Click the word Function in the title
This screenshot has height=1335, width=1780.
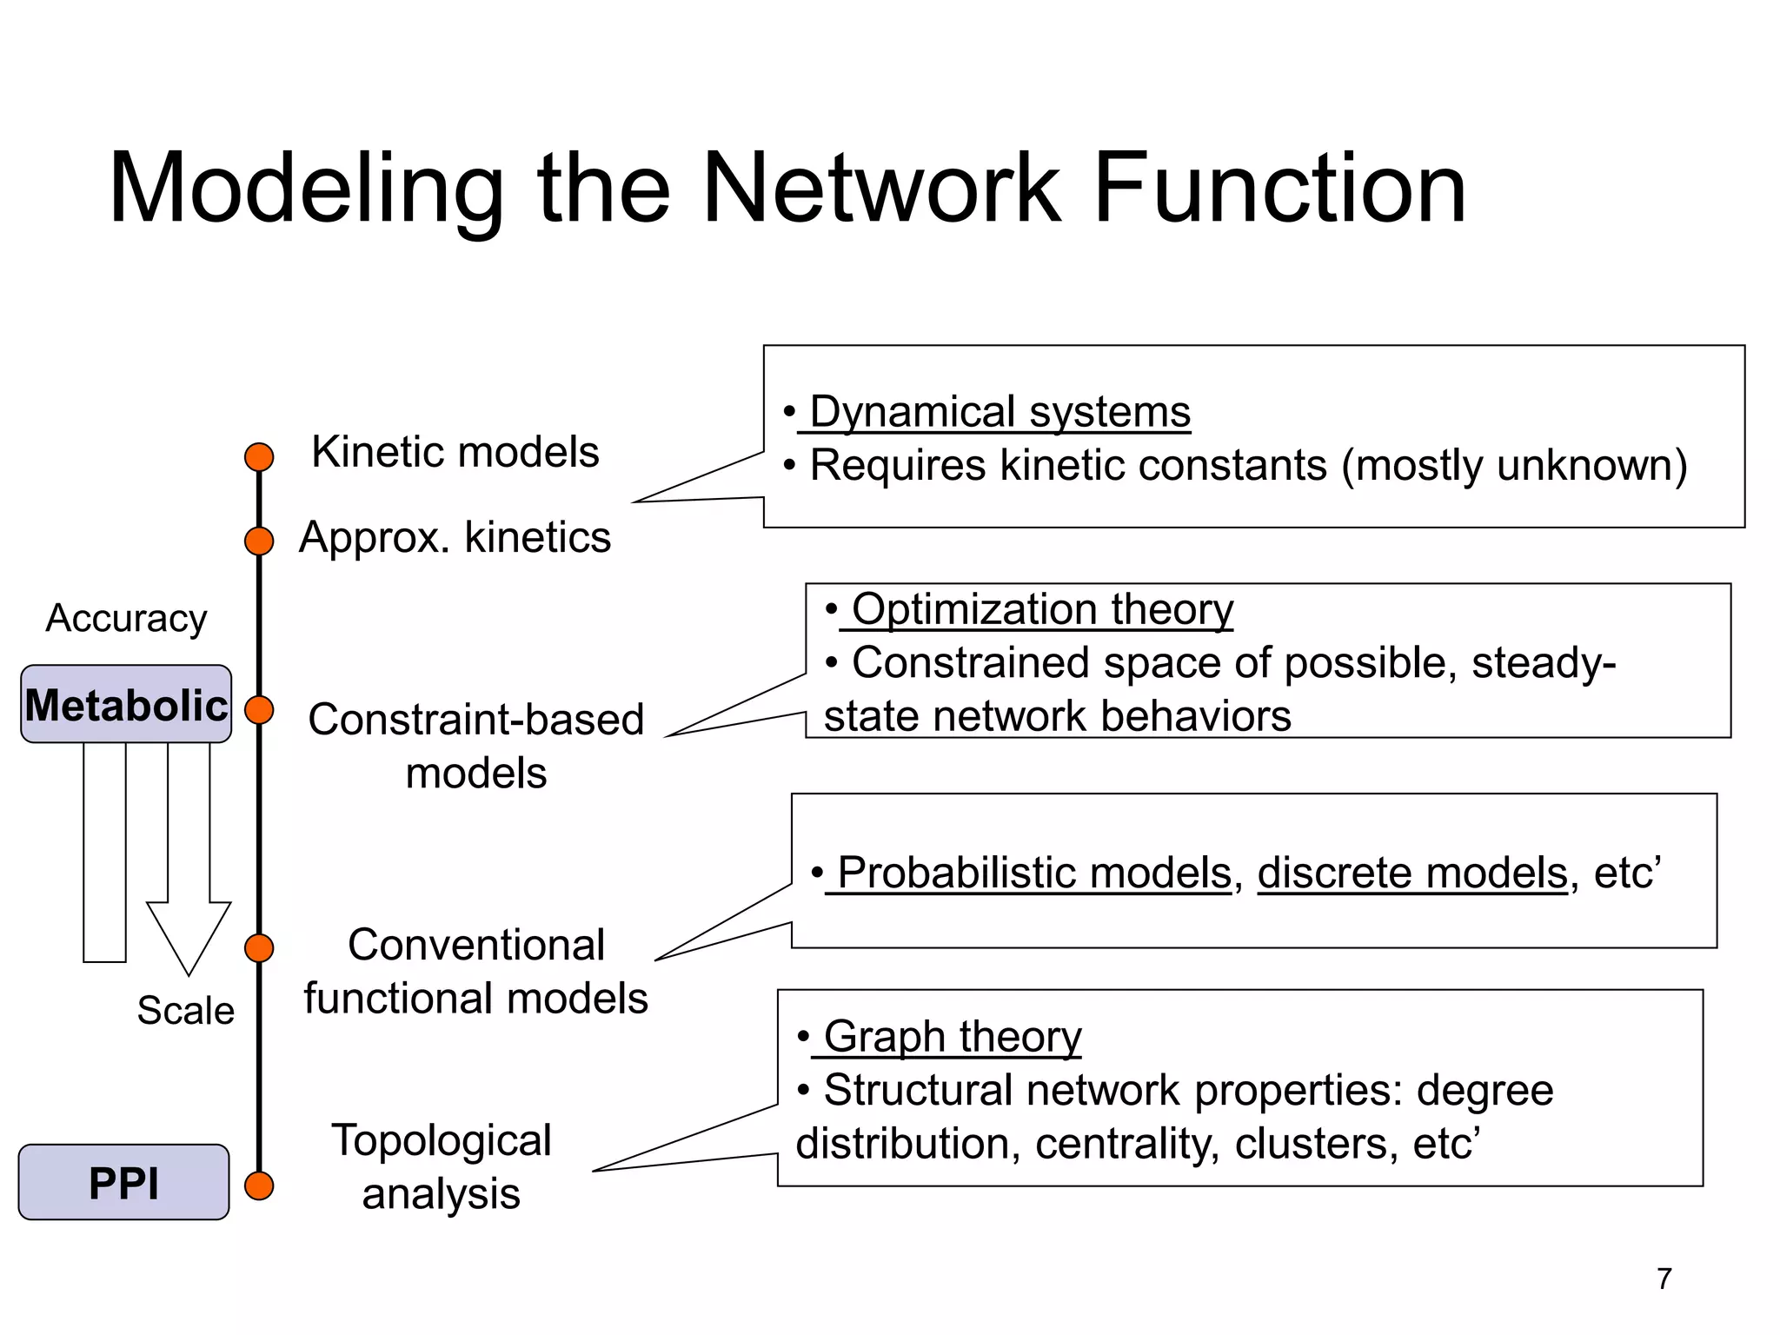click(1279, 189)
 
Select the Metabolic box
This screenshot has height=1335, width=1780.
click(126, 704)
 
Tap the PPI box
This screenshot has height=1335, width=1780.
click(123, 1182)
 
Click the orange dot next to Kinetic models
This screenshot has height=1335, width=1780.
click(259, 457)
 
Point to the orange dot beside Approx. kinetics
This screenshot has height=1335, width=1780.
click(259, 541)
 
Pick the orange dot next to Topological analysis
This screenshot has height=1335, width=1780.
click(259, 1186)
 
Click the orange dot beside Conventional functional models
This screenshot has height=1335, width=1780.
click(259, 947)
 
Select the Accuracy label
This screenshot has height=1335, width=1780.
click(126, 619)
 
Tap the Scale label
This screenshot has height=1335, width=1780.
click(185, 1011)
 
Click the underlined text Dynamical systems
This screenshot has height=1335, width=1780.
click(1000, 412)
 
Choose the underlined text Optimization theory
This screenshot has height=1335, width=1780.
click(1041, 609)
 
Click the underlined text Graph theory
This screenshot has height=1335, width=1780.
click(952, 1036)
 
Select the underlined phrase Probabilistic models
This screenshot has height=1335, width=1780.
click(1034, 873)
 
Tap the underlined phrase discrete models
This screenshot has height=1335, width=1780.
click(1411, 873)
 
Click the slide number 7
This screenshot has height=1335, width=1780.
click(1664, 1279)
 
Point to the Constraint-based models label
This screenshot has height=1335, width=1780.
click(476, 746)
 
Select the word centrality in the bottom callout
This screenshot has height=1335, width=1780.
click(1127, 1144)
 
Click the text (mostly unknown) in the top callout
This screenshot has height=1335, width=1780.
click(1514, 466)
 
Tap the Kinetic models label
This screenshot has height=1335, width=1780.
click(455, 452)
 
